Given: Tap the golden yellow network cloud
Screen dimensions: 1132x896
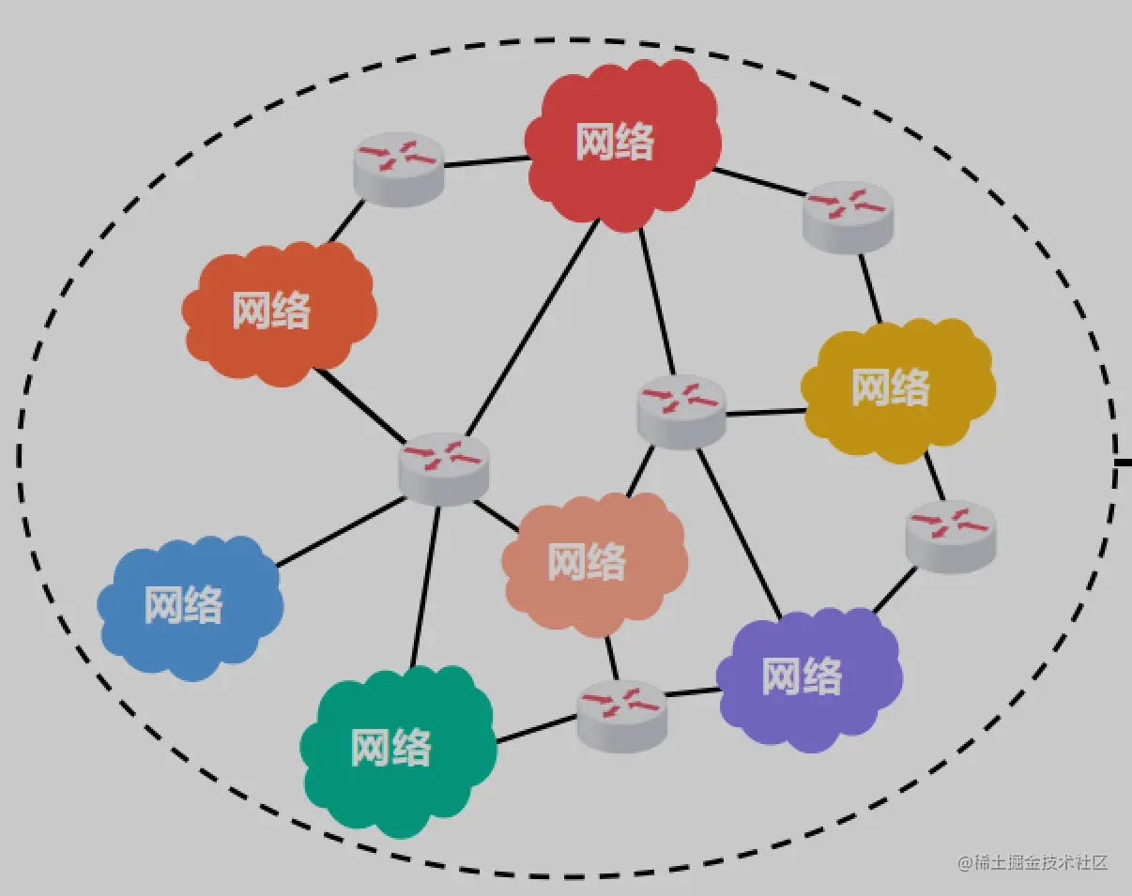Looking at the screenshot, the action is coord(894,387).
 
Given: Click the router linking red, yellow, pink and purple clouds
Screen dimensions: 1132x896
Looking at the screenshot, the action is coord(681,411).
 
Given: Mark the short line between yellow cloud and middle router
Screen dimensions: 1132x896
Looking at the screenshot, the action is coord(764,412).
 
